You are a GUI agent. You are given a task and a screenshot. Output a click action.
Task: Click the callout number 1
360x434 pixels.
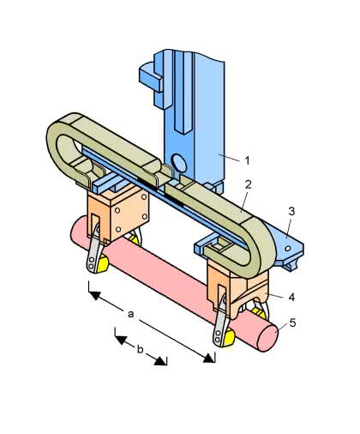point(248,160)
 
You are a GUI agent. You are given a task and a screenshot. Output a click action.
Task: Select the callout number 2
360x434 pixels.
point(248,184)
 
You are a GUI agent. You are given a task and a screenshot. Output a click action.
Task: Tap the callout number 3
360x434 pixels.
point(291,211)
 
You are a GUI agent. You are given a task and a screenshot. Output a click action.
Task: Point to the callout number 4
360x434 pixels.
point(291,297)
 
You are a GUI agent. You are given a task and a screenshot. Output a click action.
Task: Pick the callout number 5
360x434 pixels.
point(292,322)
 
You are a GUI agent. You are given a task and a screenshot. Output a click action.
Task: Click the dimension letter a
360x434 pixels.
point(130,314)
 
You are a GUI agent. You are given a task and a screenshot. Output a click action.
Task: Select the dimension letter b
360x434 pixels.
point(140,349)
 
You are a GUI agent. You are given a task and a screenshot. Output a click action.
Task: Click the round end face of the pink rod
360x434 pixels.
point(267,339)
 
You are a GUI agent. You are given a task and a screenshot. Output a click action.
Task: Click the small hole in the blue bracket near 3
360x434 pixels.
point(288,249)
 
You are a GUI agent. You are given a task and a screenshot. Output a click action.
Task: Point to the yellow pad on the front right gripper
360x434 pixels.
point(228,337)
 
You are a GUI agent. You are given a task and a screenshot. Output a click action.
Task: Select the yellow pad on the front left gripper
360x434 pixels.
point(102,263)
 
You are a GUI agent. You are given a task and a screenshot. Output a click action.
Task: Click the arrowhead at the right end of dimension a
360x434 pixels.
point(209,358)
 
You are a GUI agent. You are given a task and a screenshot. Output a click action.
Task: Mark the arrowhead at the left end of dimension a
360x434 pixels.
point(94,295)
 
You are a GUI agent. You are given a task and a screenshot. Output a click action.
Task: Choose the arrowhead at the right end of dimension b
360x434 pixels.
point(161,361)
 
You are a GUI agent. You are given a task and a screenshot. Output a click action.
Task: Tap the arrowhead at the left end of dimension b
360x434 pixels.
point(120,340)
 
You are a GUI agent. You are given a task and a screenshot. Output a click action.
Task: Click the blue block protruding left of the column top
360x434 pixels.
point(151,77)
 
